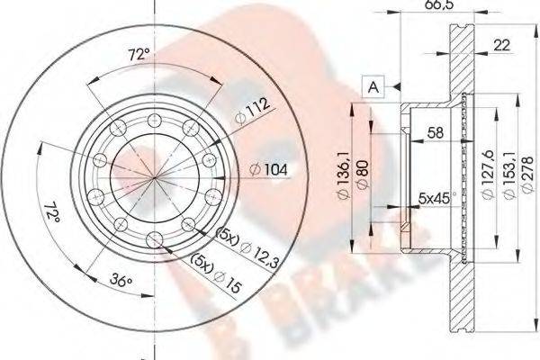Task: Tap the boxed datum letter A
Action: pyautogui.click(x=373, y=86)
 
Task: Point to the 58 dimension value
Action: pyautogui.click(x=436, y=132)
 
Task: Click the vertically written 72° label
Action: pyautogui.click(x=53, y=214)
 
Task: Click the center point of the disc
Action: pyautogui.click(x=154, y=171)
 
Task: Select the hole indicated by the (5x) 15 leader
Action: pyautogui.click(x=154, y=238)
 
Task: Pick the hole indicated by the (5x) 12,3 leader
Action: pyautogui.click(x=187, y=224)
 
